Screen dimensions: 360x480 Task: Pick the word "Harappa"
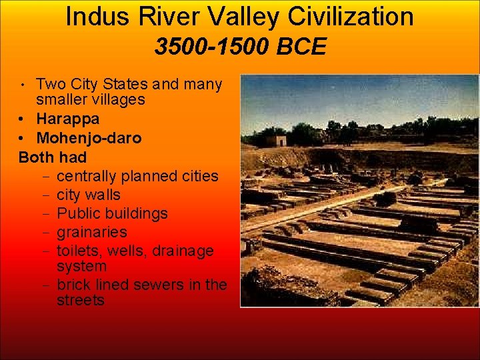click(x=68, y=119)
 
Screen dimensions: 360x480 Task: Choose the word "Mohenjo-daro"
click(x=89, y=139)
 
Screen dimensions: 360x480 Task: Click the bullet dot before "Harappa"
click(x=23, y=120)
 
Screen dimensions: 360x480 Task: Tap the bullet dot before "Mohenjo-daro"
click(x=23, y=139)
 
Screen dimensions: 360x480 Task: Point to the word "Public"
click(x=79, y=214)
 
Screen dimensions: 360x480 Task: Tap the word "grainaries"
click(x=92, y=233)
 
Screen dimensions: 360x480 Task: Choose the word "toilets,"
click(x=79, y=251)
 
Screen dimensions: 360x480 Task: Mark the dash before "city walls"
click(x=42, y=195)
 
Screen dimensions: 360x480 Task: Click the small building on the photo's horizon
click(x=275, y=140)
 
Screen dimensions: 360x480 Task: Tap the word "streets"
click(x=81, y=300)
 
